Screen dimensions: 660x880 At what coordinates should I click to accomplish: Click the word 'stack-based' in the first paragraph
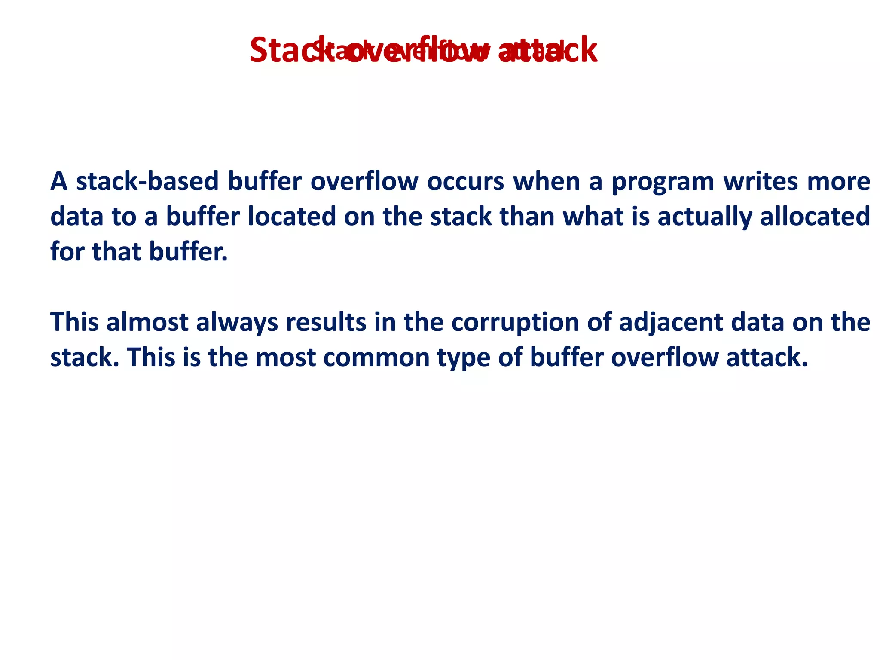pyautogui.click(x=147, y=181)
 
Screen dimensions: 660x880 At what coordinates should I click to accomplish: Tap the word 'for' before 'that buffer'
pyautogui.click(x=67, y=251)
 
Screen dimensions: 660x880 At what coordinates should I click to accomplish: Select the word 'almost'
pyautogui.click(x=147, y=322)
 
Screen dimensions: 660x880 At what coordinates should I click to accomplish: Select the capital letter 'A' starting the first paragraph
pyautogui.click(x=59, y=181)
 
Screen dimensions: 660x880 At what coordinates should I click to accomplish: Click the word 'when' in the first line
pyautogui.click(x=547, y=181)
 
